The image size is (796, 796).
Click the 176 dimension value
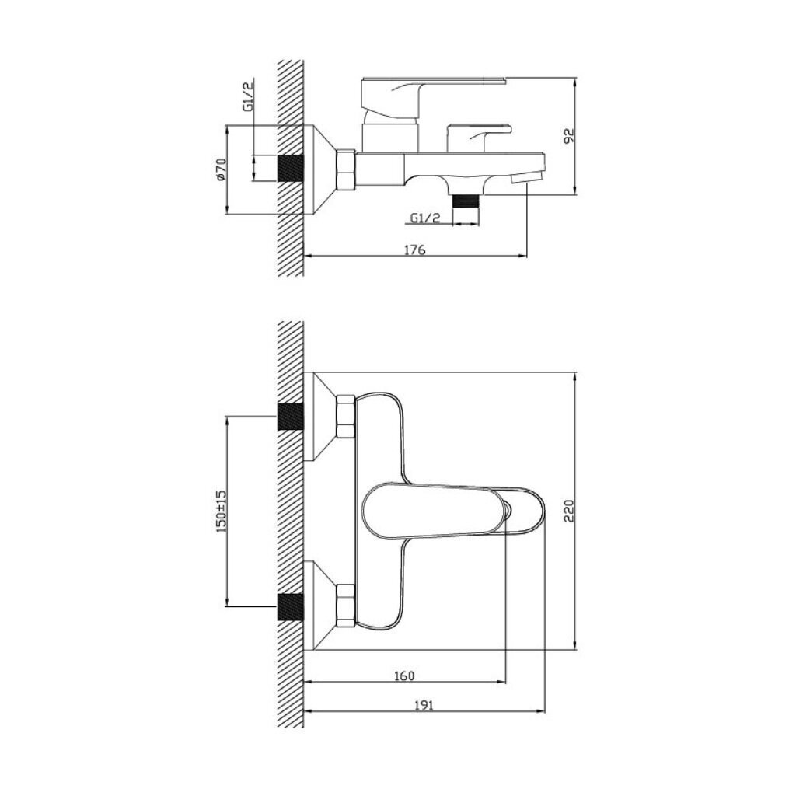click(414, 250)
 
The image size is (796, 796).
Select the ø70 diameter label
click(220, 169)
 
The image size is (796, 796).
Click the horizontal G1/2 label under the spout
click(425, 218)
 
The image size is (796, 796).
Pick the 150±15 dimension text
click(221, 511)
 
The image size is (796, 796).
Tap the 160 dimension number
click(404, 676)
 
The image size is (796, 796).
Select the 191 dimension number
click(424, 705)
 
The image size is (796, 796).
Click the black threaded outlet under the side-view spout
click(466, 202)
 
